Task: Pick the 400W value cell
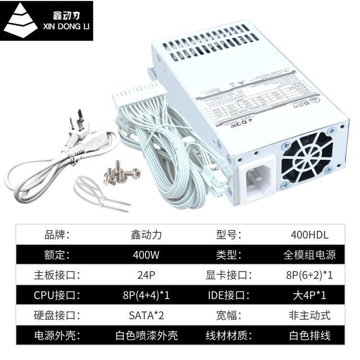[146, 255]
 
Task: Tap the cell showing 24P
[146, 275]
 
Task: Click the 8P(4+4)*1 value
[146, 296]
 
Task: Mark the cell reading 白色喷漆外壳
[146, 335]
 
